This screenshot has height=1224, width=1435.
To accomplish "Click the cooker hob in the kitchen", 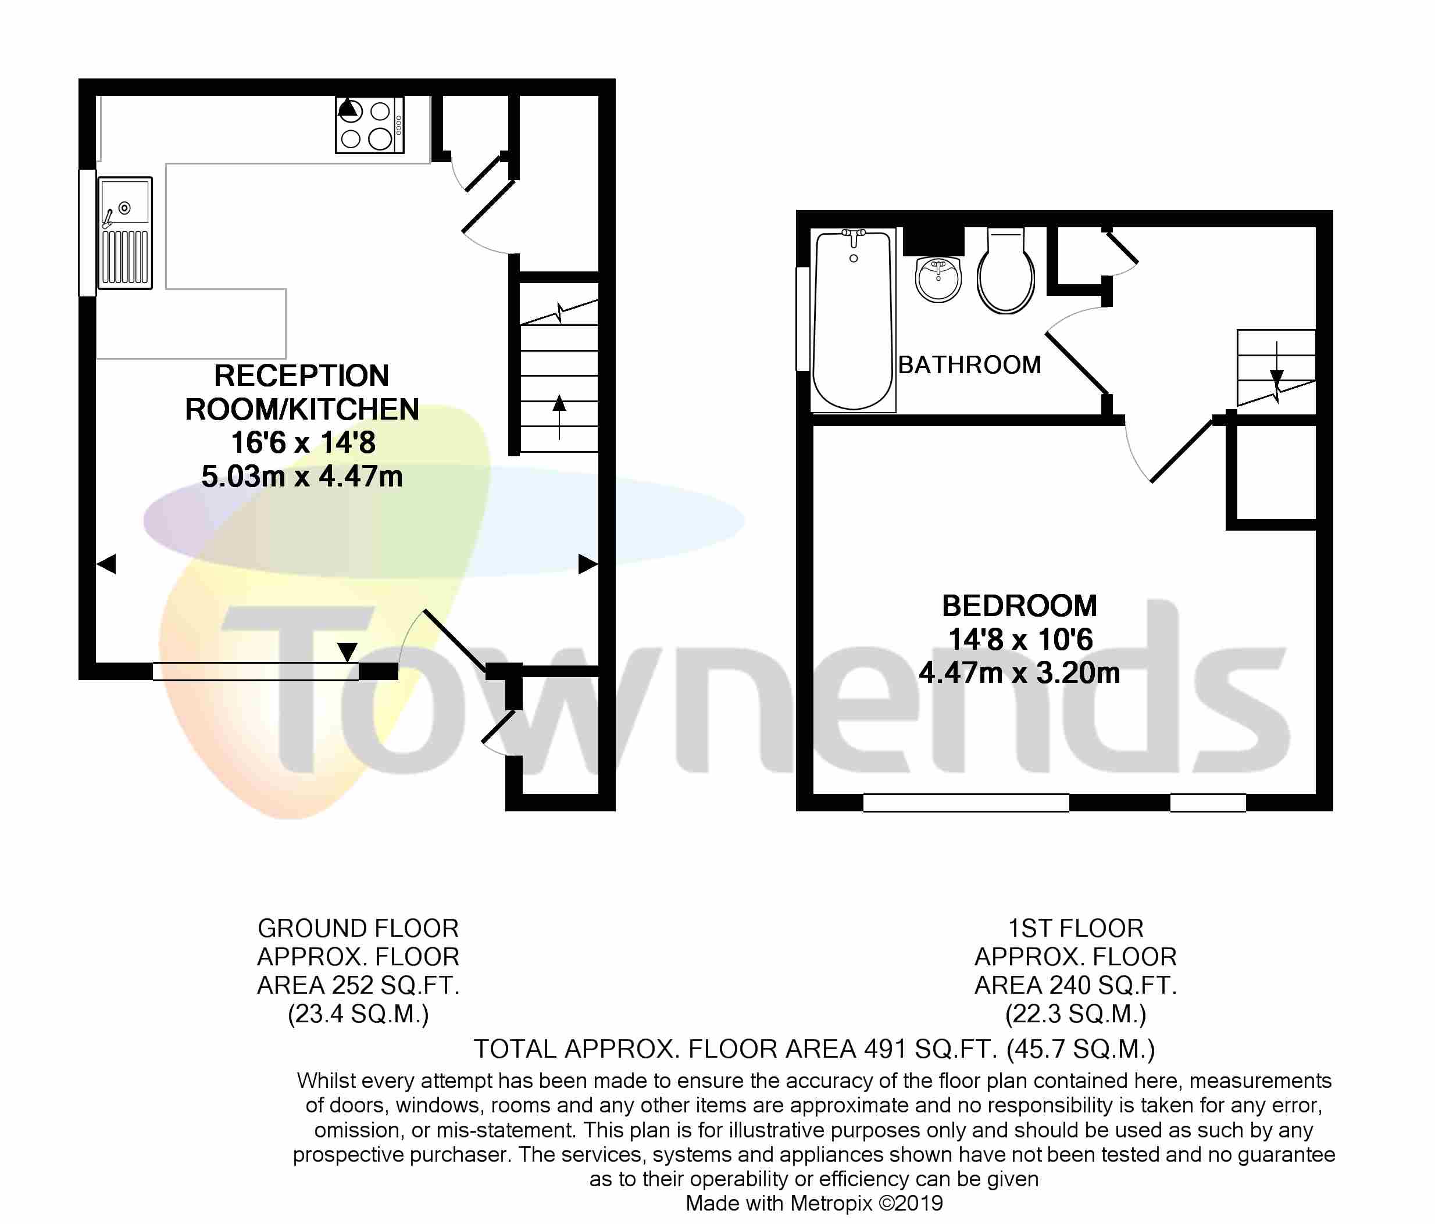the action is pos(370,124).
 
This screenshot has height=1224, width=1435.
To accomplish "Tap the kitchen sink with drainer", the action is pos(124,232).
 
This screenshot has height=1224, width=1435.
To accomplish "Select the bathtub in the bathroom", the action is pos(852,321).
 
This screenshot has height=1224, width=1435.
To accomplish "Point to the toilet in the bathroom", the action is pos(1006,271).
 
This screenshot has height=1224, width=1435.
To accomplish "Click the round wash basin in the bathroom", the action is pos(938,279).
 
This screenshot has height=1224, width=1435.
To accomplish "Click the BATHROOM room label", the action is pos(970,365).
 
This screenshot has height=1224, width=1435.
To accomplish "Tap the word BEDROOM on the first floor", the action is pos(1019,606).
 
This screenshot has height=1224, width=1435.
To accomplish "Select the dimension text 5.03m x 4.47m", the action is pos(302,477).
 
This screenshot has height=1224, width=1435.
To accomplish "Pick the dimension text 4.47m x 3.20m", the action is pos(1019,672).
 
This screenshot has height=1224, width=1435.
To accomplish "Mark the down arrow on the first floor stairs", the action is pos(1276,367).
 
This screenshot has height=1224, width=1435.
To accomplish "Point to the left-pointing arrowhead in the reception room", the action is pos(106,564).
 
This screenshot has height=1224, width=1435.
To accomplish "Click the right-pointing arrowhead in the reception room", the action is pos(588,564).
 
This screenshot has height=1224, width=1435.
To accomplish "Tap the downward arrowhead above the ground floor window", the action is pos(347,652).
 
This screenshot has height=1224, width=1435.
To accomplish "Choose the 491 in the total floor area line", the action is pos(884,1049).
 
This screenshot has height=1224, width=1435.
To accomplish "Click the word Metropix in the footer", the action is pos(830,1203).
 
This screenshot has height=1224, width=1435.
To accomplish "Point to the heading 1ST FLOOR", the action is pos(1076,928).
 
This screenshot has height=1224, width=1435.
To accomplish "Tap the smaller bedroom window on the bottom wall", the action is pos(1209,803).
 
